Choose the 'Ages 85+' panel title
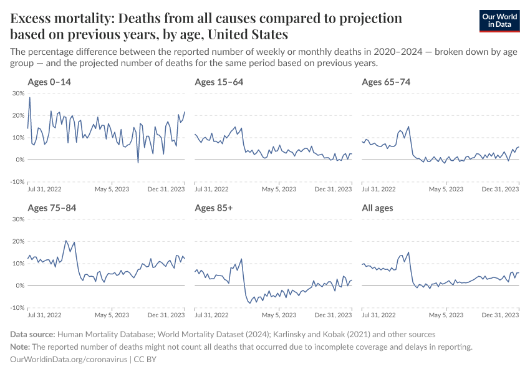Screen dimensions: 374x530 [213, 208]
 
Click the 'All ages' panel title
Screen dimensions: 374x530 [377, 208]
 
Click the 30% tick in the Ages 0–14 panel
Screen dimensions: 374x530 [18, 93]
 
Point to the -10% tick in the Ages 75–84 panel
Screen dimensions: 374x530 [17, 308]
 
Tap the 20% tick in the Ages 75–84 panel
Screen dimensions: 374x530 [18, 241]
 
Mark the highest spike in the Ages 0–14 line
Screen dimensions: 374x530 [30, 97]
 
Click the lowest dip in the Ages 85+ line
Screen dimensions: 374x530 [250, 303]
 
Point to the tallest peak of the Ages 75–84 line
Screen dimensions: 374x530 [66, 241]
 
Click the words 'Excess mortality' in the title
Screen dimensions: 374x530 [53, 18]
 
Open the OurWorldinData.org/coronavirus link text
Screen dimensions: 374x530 [69, 360]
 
